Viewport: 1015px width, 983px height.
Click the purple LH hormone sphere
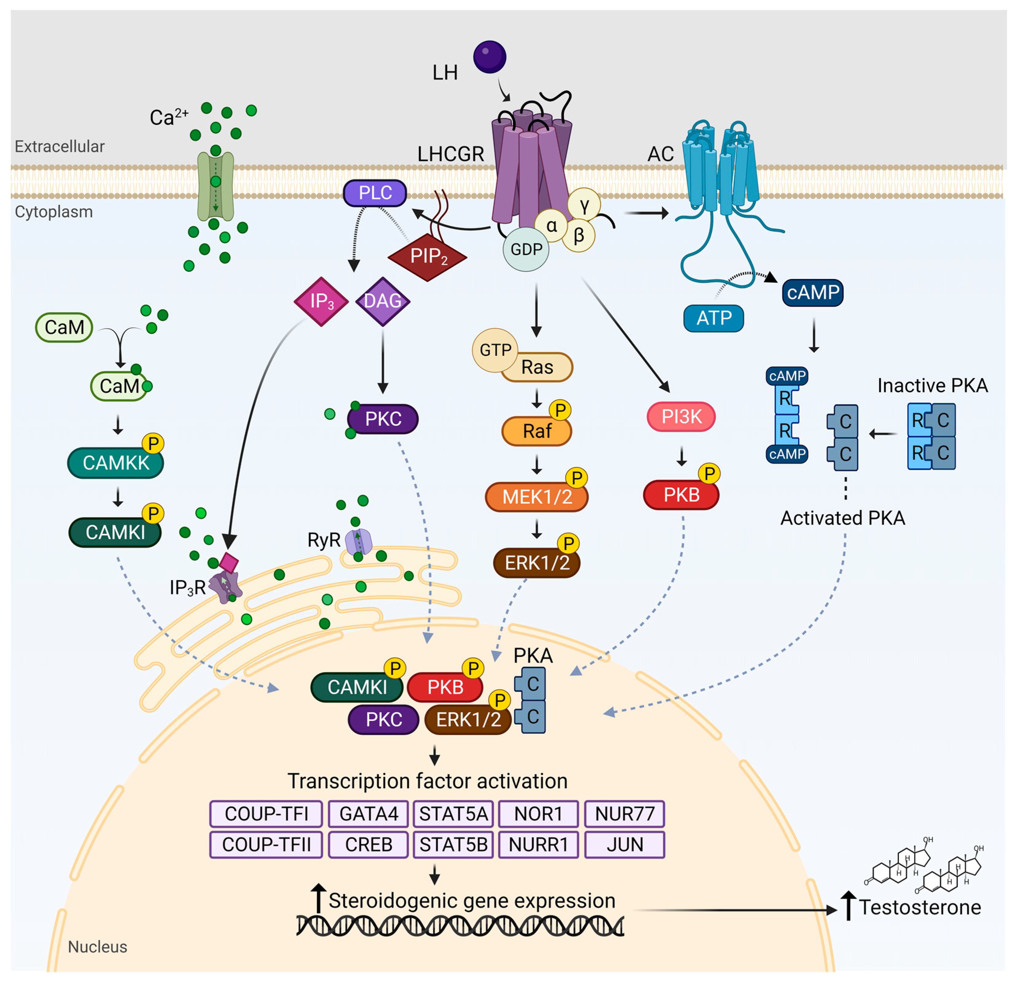tap(489, 57)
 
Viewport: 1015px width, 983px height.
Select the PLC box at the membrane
tap(375, 193)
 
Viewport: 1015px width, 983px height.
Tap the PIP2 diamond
tap(428, 256)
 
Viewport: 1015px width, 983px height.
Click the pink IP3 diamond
tap(321, 301)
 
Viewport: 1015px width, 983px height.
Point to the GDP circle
tap(526, 249)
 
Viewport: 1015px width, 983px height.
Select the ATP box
tap(714, 318)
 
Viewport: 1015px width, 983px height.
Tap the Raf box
tap(536, 431)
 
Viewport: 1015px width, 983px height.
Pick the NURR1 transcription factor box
tap(538, 845)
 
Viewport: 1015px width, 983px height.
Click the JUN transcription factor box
tap(625, 845)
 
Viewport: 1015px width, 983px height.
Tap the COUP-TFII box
tap(266, 845)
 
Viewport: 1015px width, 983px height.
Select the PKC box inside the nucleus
tap(383, 719)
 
